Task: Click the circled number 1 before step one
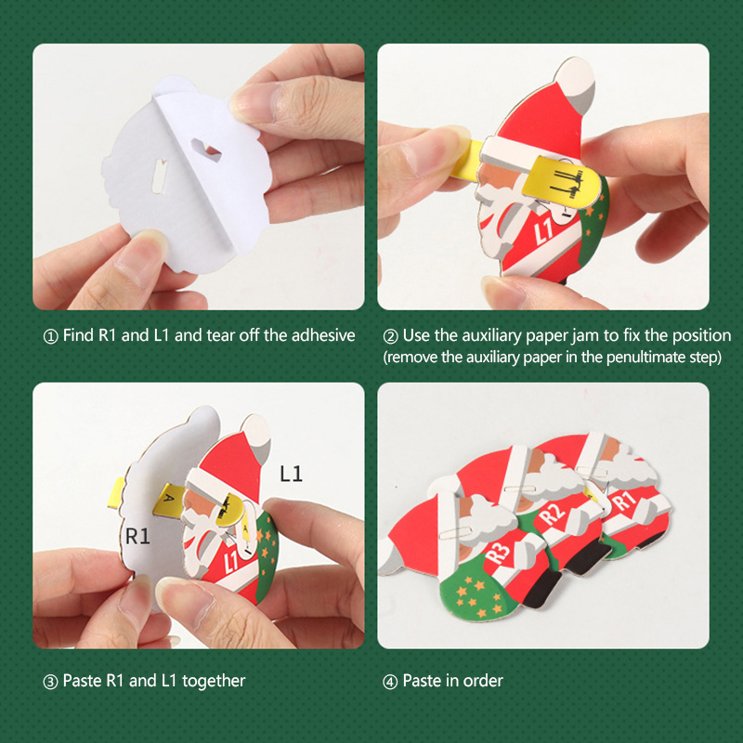(x=50, y=336)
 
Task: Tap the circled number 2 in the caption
(x=390, y=336)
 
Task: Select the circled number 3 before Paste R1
(x=50, y=682)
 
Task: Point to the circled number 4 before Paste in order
(x=390, y=682)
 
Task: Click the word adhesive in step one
(x=323, y=335)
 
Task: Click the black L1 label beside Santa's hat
(x=291, y=474)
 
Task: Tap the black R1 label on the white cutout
(x=137, y=536)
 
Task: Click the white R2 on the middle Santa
(x=552, y=514)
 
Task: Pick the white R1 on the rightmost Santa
(x=623, y=501)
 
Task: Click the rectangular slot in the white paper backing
(x=159, y=176)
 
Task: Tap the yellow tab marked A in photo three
(x=169, y=499)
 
